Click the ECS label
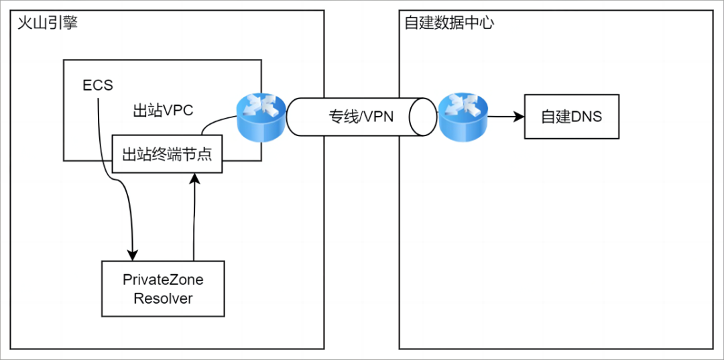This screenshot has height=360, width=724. pos(98,86)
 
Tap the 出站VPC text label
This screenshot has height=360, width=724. pos(163,111)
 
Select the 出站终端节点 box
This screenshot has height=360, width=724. pos(167,154)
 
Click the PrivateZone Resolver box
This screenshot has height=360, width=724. pos(162,289)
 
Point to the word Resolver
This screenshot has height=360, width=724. pos(163,299)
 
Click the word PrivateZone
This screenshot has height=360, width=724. pos(163,280)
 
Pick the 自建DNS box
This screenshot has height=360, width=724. pos(571,117)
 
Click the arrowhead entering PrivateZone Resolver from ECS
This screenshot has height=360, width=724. pos(133,255)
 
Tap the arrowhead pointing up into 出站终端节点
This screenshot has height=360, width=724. pos(194,178)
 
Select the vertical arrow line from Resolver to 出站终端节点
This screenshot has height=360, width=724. pos(194,221)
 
